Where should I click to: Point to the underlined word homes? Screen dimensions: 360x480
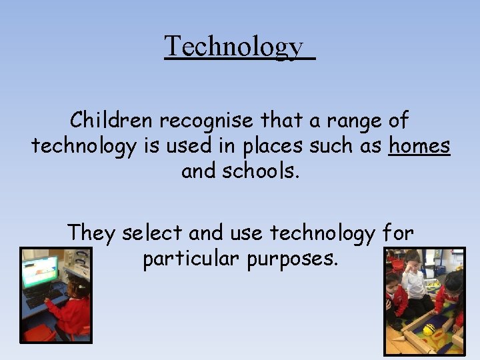click(x=420, y=146)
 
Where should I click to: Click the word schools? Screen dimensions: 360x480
click(x=261, y=171)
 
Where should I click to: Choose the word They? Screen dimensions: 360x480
click(x=91, y=233)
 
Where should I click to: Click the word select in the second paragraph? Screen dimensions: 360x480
click(x=153, y=233)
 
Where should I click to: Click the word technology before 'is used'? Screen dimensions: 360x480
click(x=83, y=146)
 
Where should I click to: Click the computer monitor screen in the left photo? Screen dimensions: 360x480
click(x=40, y=272)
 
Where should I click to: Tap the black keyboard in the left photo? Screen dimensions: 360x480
click(x=43, y=297)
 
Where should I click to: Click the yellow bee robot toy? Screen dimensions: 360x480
click(x=429, y=329)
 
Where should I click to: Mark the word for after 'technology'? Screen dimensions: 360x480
click(x=398, y=233)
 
